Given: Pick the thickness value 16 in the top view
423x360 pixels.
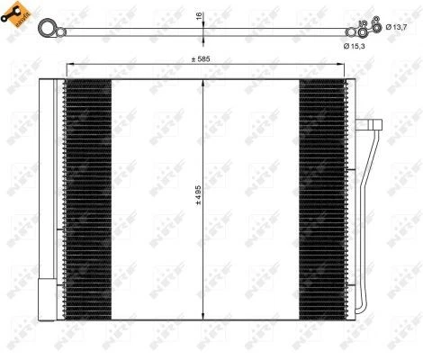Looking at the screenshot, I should click(200, 15).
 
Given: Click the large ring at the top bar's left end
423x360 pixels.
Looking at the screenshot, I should click(45, 31).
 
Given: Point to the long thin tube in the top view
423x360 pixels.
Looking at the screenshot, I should click(135, 32).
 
